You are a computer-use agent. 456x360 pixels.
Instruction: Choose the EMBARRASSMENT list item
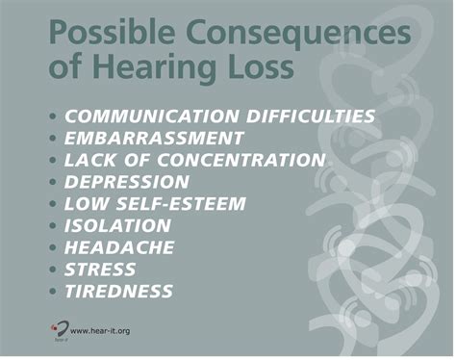coord(154,138)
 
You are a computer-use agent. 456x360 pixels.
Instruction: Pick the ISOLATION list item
coord(118,226)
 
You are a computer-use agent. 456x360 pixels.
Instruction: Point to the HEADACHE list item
coord(119,248)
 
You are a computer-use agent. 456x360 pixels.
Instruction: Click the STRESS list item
coord(100,270)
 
